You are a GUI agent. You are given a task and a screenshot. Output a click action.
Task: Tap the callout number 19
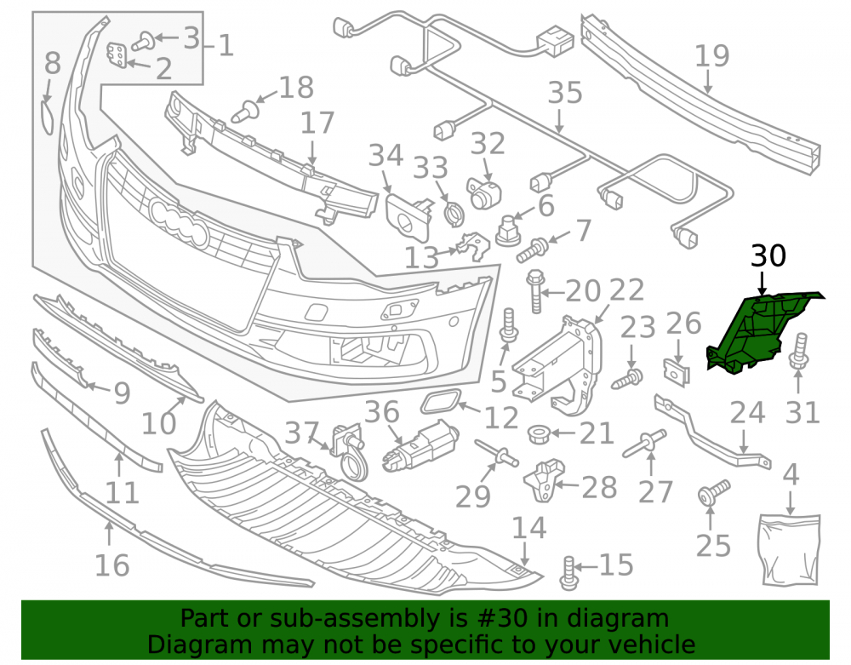(712, 56)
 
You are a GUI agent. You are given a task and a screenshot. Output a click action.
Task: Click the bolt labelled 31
(799, 351)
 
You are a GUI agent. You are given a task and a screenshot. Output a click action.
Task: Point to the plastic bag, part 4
(789, 550)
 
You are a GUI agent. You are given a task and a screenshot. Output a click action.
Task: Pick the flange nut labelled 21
(540, 433)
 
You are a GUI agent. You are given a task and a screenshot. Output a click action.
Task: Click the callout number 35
(565, 93)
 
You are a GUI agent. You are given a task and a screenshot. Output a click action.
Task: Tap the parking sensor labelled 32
(484, 193)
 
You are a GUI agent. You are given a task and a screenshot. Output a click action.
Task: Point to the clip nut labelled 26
(677, 371)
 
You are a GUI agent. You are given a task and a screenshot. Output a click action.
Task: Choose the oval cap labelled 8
(47, 117)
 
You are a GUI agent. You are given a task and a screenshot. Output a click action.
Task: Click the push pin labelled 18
(244, 112)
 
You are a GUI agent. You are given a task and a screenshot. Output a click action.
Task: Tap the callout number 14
(528, 528)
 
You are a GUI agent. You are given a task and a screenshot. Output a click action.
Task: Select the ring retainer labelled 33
(454, 215)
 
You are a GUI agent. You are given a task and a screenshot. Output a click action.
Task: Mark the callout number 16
(111, 565)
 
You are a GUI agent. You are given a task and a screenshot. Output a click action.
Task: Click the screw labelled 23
(627, 379)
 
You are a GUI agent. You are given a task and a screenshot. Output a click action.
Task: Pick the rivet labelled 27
(644, 444)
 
